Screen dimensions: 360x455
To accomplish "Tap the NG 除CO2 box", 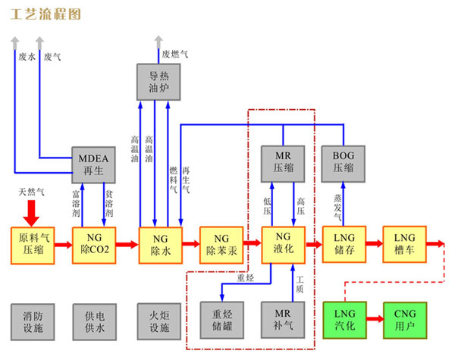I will (95, 244).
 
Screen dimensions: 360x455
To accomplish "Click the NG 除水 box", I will (159, 244).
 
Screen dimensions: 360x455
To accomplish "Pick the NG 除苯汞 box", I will (221, 244).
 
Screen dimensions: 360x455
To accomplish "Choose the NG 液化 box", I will (282, 244).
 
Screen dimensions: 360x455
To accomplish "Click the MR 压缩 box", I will (282, 163).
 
